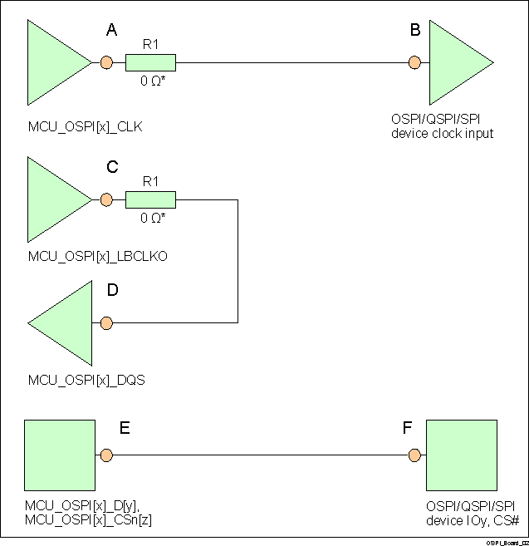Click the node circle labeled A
coord(105,62)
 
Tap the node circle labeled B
coord(414,62)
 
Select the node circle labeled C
coord(105,199)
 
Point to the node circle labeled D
coord(105,322)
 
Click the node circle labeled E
coord(105,455)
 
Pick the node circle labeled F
coord(414,455)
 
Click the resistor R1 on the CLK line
coord(150,62)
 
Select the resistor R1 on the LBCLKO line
coord(150,199)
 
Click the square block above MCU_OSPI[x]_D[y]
coord(58,455)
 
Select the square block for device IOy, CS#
coord(460,455)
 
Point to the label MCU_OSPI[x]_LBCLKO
coord(97,257)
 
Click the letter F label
coord(407,429)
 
